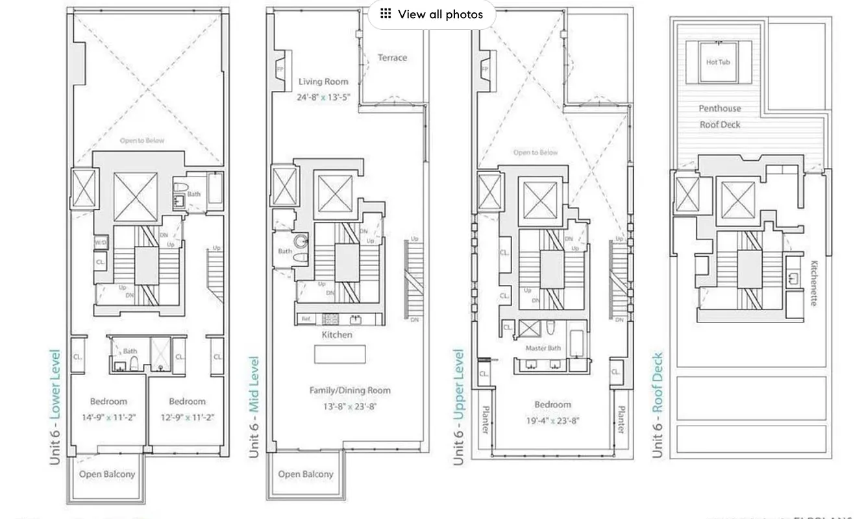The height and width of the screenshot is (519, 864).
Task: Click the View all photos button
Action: (432, 14)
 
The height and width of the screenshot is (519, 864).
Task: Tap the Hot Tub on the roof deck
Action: (718, 62)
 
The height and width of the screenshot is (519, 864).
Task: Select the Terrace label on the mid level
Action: (392, 58)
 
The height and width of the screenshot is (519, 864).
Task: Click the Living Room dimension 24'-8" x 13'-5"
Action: (323, 97)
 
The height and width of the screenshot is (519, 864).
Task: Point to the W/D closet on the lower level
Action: (101, 243)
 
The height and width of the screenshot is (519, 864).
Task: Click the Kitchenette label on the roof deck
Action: (814, 284)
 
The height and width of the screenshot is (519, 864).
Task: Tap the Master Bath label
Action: (543, 348)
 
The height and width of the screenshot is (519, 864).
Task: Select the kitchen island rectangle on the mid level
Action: (339, 354)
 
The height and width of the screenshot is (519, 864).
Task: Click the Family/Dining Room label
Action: (350, 390)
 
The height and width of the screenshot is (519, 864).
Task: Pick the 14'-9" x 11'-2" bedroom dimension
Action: (109, 418)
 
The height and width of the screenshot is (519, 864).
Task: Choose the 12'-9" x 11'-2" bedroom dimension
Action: (187, 418)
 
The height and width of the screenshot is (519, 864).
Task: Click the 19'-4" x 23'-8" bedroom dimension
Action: (552, 420)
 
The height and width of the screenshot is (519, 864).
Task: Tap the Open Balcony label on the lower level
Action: (107, 474)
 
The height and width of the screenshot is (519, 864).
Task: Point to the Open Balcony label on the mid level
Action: (306, 474)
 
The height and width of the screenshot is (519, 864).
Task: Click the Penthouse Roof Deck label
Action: (719, 117)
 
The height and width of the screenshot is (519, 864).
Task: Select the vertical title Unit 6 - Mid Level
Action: (254, 406)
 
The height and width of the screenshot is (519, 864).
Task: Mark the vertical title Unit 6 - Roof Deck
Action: (658, 405)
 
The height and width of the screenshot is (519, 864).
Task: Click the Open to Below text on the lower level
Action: (142, 141)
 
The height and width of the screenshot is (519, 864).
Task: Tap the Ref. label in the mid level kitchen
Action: (306, 319)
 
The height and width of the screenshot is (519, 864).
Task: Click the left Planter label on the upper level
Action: (485, 420)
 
